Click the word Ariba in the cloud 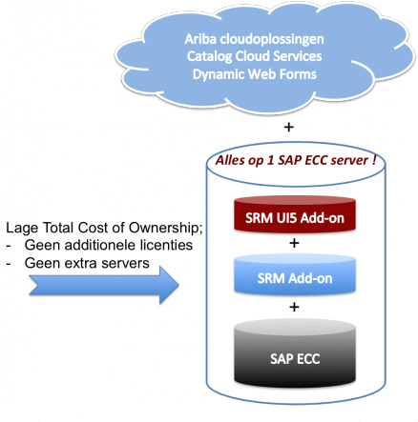[200, 39]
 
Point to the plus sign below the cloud [289, 128]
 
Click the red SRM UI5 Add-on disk [295, 214]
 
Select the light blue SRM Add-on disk [295, 274]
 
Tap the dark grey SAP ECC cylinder [295, 353]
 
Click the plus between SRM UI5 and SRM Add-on [294, 243]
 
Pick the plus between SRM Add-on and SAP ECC [294, 307]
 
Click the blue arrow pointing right [104, 285]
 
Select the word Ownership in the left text [165, 228]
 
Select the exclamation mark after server [374, 160]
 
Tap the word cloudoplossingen [272, 39]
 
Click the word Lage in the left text [22, 229]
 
